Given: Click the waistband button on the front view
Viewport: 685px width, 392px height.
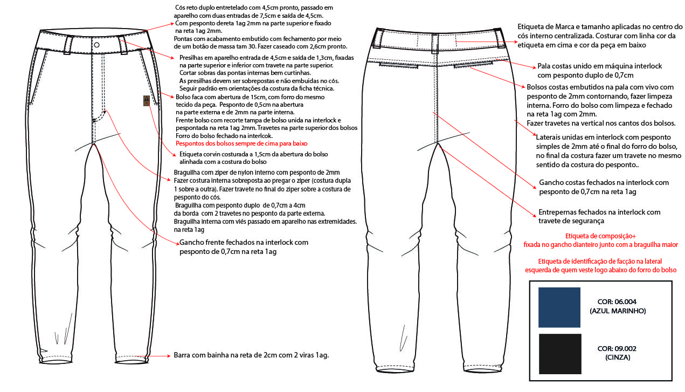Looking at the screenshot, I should click(x=96, y=45).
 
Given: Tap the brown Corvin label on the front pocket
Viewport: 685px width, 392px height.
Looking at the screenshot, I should click(x=146, y=101).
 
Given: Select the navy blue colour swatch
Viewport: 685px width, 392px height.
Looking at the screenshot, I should click(x=559, y=307).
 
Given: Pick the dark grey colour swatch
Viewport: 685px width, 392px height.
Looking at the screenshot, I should click(x=559, y=354).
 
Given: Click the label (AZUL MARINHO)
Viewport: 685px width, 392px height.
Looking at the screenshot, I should click(x=618, y=311).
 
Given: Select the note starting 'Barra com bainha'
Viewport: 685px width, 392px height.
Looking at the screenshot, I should click(x=251, y=355).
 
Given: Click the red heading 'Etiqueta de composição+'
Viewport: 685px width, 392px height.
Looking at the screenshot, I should click(x=601, y=236).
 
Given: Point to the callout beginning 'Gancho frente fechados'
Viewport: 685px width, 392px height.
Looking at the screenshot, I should click(x=244, y=243).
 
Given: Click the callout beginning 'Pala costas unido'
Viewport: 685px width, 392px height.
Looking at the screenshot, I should click(x=600, y=66).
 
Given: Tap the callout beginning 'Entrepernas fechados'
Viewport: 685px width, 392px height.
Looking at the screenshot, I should click(x=599, y=212).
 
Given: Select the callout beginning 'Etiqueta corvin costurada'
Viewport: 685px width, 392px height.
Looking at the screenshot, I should click(x=250, y=154).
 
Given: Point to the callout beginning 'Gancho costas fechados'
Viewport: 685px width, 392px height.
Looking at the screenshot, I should click(x=604, y=183).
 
